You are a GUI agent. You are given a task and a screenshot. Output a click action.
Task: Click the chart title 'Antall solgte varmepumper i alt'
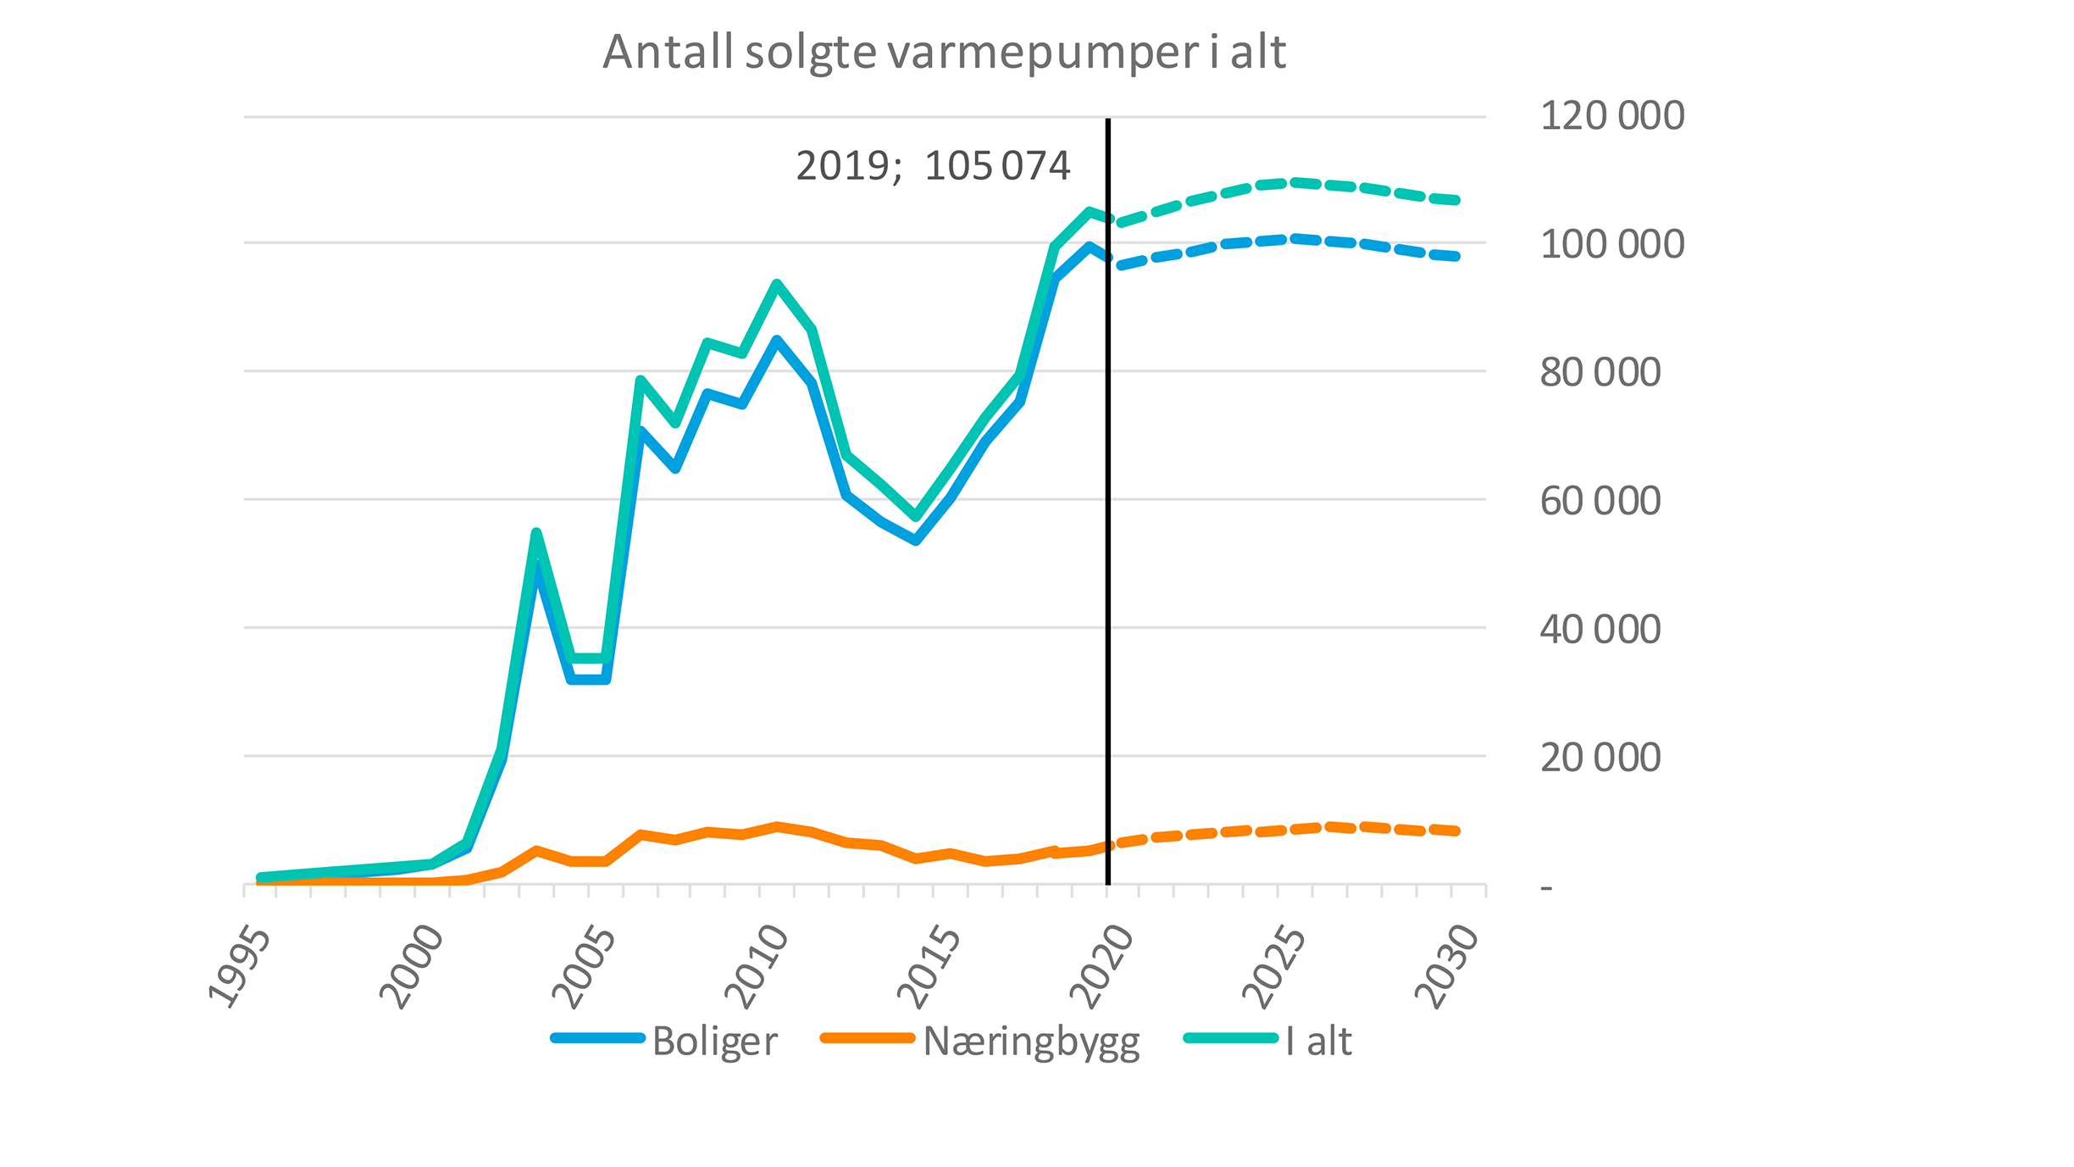[944, 53]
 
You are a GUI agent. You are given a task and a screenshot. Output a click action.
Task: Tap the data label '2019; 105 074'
[933, 166]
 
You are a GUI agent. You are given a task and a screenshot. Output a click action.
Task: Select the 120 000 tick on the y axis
[1611, 116]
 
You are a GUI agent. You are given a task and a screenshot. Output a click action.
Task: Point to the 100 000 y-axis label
[1611, 245]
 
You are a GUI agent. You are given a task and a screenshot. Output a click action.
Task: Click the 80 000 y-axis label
[1600, 373]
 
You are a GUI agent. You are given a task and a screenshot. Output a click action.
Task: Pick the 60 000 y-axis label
[1600, 502]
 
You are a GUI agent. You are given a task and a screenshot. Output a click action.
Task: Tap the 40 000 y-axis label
[1600, 630]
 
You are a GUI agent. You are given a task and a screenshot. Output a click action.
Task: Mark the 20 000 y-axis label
[1600, 758]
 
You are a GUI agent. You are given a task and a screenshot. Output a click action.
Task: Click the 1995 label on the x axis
[241, 968]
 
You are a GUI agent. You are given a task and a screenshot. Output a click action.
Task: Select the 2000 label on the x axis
[413, 968]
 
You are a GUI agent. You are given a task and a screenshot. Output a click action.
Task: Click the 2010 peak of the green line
[777, 284]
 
